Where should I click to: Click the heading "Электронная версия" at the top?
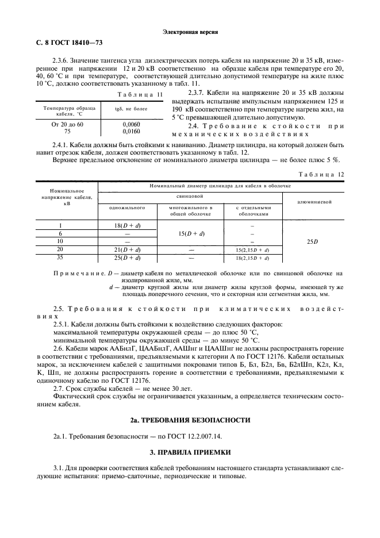pos(190,32)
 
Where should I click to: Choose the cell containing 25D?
pos(313,242)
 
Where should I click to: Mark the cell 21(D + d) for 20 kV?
pos(127,249)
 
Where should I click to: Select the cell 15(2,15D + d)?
pos(253,250)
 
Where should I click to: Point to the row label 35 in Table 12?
pos(60,258)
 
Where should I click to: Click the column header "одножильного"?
pos(127,207)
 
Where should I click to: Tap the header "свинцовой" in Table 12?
pos(190,197)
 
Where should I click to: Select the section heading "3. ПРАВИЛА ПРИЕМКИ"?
pos(190,453)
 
